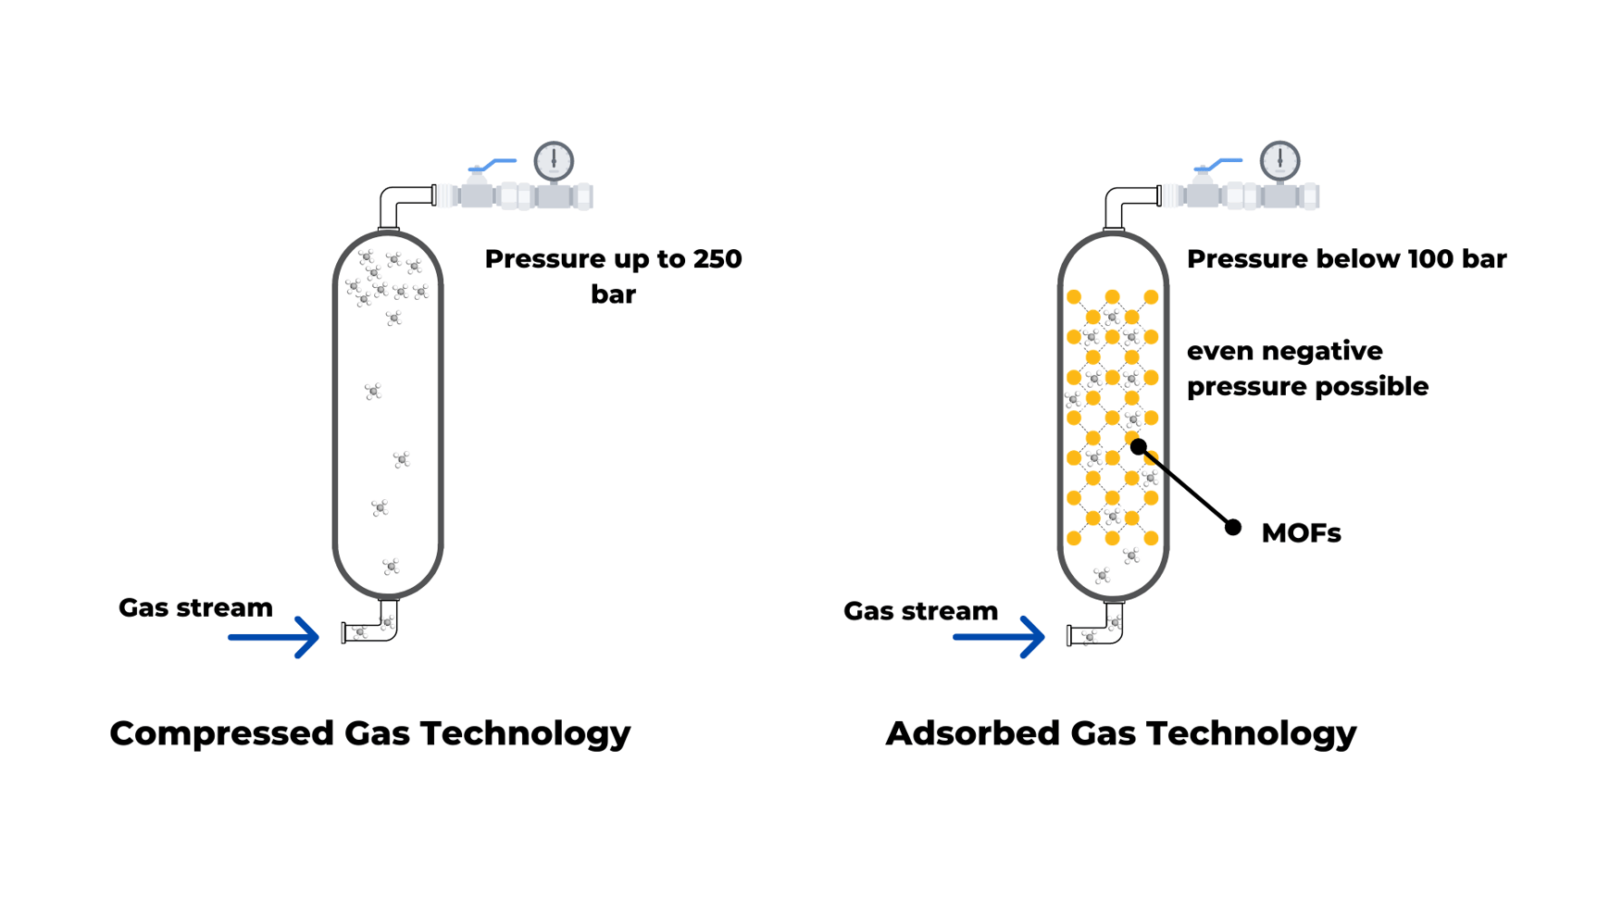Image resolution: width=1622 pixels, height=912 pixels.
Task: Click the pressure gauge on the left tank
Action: [554, 161]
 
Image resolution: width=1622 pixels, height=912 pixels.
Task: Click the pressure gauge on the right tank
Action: [1279, 161]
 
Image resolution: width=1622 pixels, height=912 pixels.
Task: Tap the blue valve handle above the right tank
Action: [1221, 164]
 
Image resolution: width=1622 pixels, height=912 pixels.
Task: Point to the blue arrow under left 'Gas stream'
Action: [275, 637]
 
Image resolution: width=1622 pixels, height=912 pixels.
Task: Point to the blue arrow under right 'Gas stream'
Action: [1000, 637]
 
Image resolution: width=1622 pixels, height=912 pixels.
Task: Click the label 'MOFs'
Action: [1301, 533]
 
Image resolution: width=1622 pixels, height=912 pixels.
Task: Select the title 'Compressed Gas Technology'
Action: [370, 733]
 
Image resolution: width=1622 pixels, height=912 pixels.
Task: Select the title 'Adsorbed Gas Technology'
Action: [1121, 733]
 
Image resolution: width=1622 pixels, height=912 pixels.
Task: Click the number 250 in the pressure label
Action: [717, 259]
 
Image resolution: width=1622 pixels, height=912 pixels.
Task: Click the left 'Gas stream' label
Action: [196, 607]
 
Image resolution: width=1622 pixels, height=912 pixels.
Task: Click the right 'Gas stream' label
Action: [921, 611]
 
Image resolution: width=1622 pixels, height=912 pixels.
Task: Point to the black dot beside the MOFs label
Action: [1233, 528]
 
